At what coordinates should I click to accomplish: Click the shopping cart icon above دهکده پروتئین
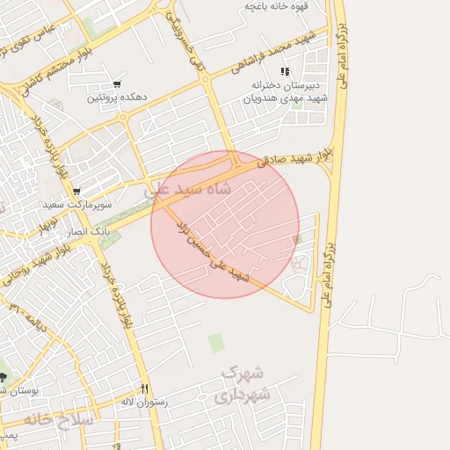[x=116, y=84]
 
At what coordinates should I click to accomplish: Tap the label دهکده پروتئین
[x=116, y=98]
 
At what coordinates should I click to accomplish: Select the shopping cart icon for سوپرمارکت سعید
[x=77, y=192]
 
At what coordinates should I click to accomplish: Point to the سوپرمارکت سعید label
[x=78, y=204]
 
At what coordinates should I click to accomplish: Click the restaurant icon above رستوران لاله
[x=145, y=389]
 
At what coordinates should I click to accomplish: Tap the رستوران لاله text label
[x=146, y=402]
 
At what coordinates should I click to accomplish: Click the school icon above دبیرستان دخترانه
[x=283, y=71]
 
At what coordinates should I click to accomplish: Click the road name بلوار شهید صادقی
[x=295, y=157]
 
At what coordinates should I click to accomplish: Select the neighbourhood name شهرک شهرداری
[x=245, y=384]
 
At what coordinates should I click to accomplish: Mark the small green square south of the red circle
[x=216, y=342]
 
